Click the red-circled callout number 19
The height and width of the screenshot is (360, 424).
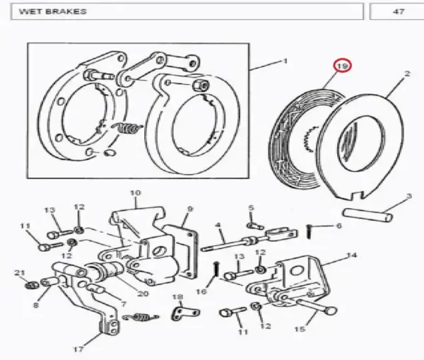(342, 66)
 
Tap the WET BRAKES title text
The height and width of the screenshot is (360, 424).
(53, 11)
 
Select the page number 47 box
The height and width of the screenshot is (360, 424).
(396, 11)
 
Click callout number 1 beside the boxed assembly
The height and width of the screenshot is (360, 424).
(285, 61)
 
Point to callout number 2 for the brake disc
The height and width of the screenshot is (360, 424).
(407, 74)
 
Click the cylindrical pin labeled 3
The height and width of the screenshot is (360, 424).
(367, 214)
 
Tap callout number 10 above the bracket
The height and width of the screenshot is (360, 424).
(135, 192)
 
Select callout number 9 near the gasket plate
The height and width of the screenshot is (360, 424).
(190, 209)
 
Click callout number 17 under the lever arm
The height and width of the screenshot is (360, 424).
(78, 349)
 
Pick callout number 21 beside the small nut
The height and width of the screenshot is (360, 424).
(20, 273)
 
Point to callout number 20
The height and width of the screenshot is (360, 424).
(143, 294)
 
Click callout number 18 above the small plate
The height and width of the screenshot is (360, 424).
(177, 297)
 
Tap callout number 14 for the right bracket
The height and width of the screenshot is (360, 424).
(351, 255)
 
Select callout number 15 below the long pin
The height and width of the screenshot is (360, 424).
(300, 329)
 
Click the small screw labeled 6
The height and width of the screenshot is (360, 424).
(310, 232)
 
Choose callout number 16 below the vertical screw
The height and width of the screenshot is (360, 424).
(201, 291)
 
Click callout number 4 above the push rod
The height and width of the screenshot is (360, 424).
(218, 225)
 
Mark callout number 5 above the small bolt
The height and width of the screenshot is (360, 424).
(251, 208)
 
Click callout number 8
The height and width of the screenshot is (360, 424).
(36, 305)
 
